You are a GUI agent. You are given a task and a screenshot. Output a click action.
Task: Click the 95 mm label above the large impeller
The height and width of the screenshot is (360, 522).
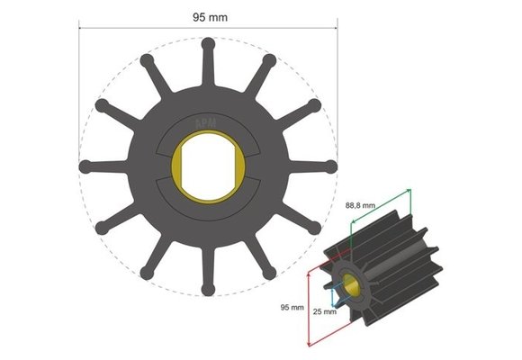pos(208,15)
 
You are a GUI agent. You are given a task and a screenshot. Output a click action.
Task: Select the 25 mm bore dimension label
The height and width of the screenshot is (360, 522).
pos(325,312)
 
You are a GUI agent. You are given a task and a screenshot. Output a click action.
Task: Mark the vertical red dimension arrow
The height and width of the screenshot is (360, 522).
pos(308,306)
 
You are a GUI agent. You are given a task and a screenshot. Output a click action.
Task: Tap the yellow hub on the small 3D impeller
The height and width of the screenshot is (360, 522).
pos(349,286)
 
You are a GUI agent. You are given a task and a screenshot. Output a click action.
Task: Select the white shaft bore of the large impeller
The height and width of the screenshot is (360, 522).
pos(208,166)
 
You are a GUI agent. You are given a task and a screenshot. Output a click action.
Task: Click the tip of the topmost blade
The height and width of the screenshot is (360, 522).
pos(208,41)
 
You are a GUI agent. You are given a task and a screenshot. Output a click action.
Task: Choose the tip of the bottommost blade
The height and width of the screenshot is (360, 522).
pos(208,291)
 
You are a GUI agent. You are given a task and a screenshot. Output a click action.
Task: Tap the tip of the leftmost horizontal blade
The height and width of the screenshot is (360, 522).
pos(85,166)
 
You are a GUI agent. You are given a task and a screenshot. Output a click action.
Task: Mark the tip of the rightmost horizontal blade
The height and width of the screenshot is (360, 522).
pos(331,166)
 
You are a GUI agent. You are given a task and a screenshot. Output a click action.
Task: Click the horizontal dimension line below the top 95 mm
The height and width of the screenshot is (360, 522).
pos(208,27)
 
